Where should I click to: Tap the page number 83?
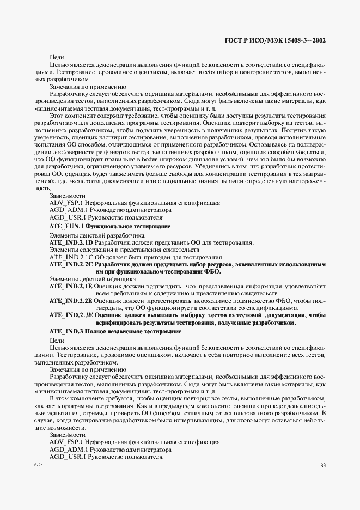tap(323, 465)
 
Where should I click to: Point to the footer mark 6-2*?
tap(38, 465)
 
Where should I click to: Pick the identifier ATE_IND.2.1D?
tap(71, 242)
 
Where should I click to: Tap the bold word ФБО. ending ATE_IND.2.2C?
tap(212, 271)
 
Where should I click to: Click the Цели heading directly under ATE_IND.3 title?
tap(57, 340)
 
